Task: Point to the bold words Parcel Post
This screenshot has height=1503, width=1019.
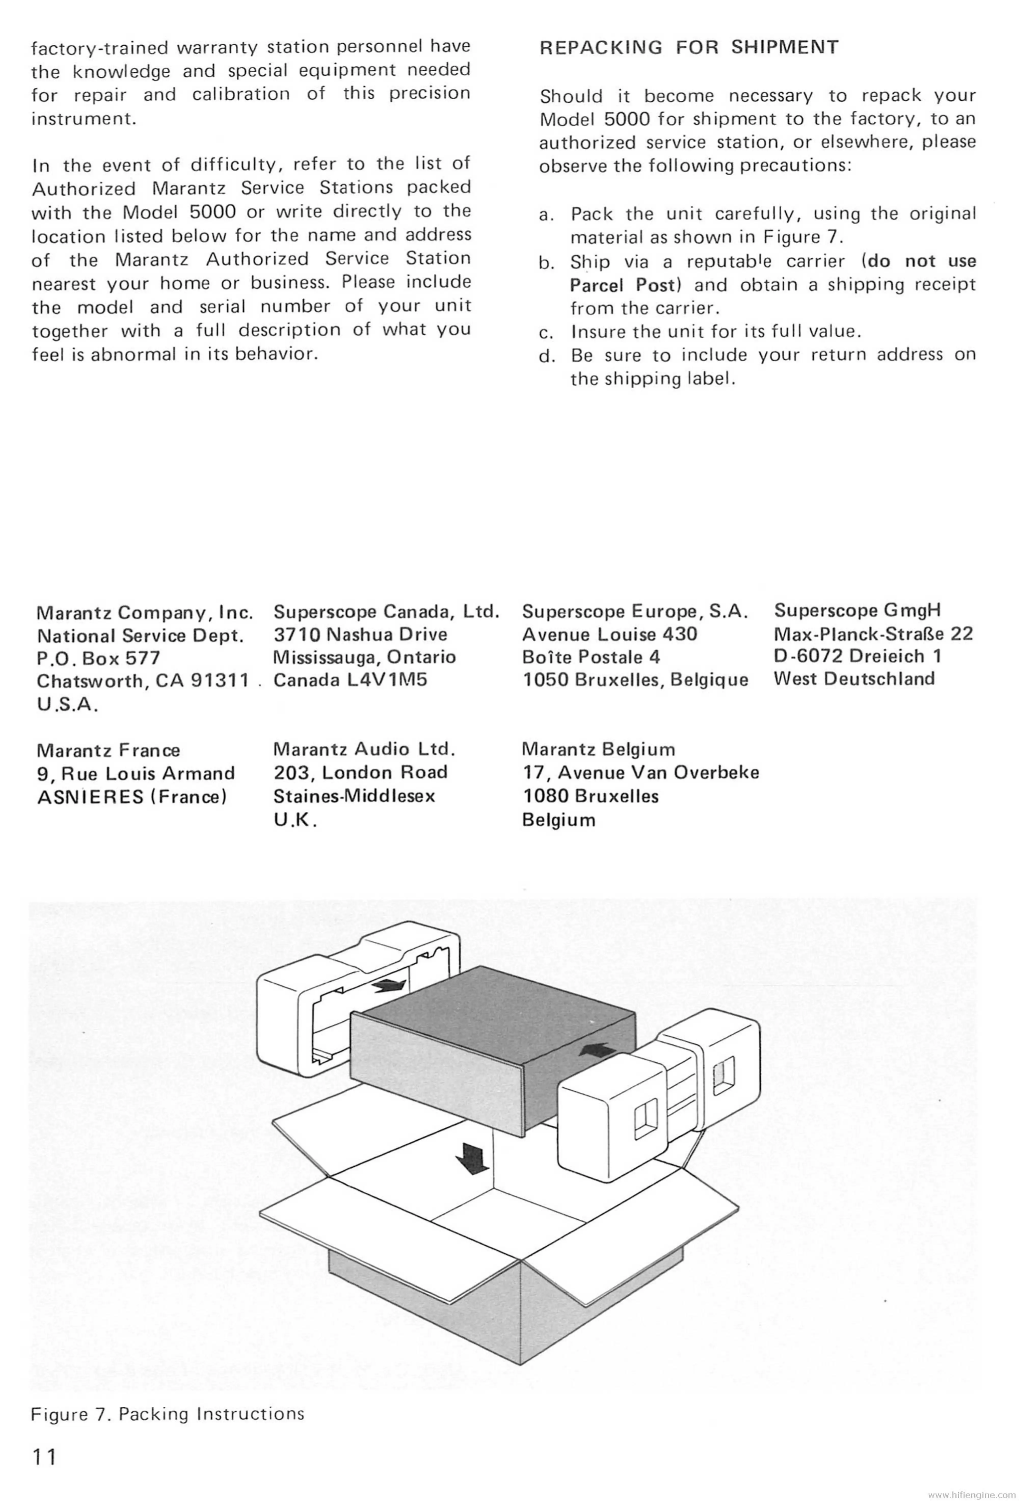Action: (622, 285)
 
